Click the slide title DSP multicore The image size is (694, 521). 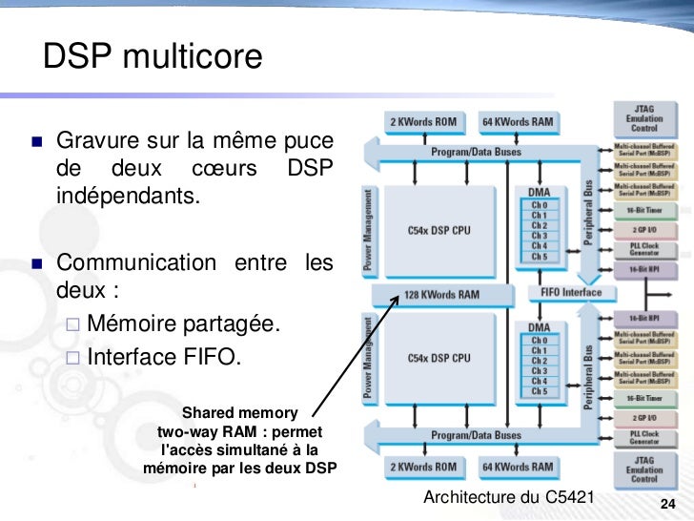[152, 58]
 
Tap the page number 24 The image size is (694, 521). [667, 504]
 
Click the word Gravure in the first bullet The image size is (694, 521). [96, 141]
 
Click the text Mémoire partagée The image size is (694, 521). [184, 326]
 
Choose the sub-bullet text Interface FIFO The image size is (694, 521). [165, 358]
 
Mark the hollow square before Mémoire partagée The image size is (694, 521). [74, 327]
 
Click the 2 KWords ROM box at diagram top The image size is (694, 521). [425, 122]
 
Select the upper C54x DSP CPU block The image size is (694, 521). [439, 230]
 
